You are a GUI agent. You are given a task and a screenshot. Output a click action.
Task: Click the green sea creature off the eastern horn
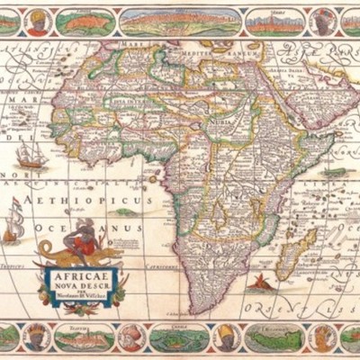point(334,170)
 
